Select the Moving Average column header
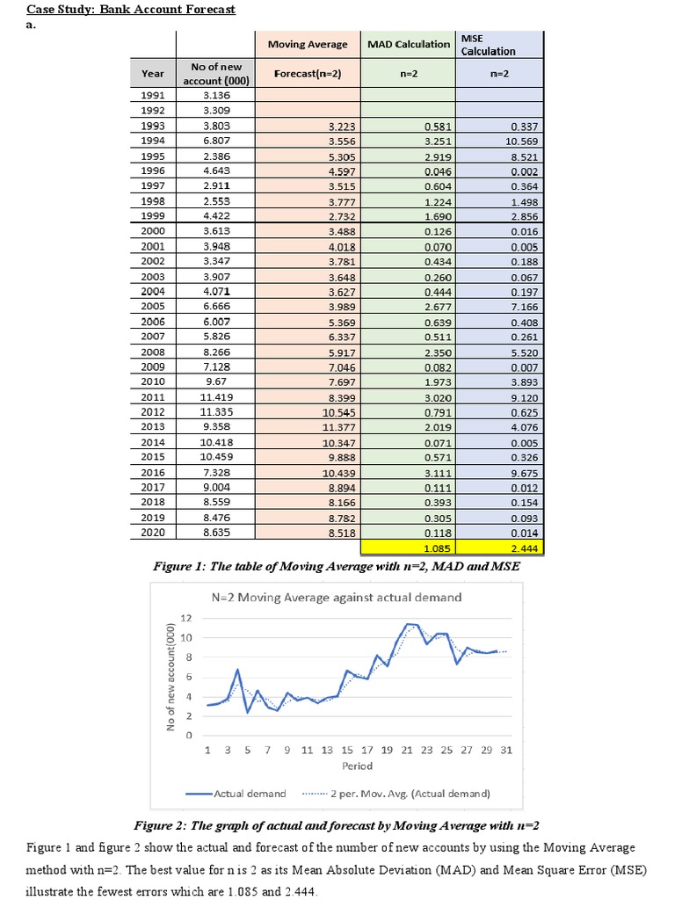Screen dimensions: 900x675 (x=307, y=45)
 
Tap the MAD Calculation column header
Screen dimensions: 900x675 (x=409, y=45)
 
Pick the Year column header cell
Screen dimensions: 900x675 (x=153, y=74)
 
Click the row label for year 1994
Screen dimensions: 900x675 (x=153, y=140)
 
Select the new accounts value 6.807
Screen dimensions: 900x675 (x=215, y=140)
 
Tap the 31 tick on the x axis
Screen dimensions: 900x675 (x=507, y=750)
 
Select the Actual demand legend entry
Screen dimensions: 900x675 (x=236, y=793)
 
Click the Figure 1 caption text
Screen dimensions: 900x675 (x=337, y=567)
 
